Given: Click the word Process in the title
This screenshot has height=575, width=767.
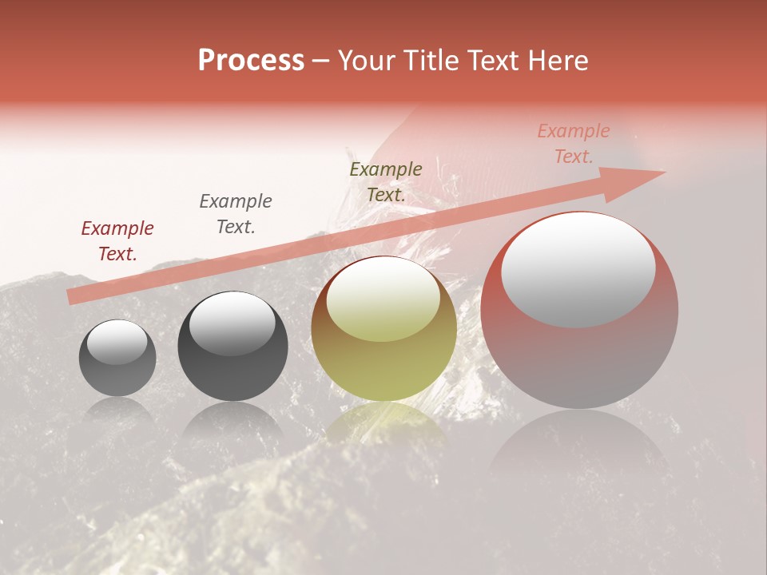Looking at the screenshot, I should click(251, 61).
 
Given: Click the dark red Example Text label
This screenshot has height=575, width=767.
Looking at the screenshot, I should click(117, 241).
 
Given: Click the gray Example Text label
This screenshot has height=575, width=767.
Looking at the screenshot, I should click(236, 214).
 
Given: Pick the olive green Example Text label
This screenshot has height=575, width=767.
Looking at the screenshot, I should click(386, 182).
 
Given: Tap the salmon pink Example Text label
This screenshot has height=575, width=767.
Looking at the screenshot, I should click(574, 144).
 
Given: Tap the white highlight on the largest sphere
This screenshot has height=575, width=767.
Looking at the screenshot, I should click(578, 268).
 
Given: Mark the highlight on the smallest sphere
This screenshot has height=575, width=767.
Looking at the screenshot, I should click(117, 342).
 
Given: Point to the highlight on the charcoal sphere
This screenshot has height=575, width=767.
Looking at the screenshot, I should click(232, 323).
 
